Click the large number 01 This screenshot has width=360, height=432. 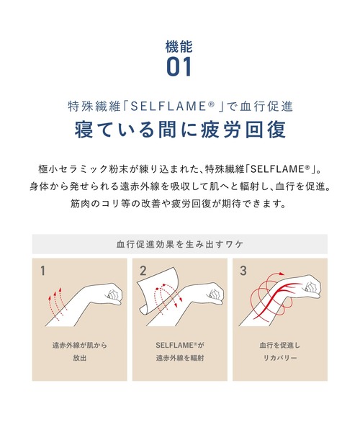point(179,67)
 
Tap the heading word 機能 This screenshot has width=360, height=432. point(179,47)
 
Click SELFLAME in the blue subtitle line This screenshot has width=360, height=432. point(168,107)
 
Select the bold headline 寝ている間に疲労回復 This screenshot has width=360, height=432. point(180,129)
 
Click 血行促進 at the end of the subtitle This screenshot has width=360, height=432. point(266,107)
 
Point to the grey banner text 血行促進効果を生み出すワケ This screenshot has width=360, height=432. point(180,244)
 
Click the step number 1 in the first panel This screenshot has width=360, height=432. point(42,271)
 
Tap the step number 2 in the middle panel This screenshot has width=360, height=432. point(143,271)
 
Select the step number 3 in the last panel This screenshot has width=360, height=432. point(243,271)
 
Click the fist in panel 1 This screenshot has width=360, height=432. point(114,292)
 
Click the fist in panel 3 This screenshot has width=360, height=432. point(312,287)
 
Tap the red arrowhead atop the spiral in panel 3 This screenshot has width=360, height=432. point(282,274)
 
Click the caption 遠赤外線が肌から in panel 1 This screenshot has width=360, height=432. point(80,345)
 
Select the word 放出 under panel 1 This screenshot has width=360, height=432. point(80,358)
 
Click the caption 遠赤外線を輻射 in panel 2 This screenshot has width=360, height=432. point(180,358)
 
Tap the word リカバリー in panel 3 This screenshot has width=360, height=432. point(280,358)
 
